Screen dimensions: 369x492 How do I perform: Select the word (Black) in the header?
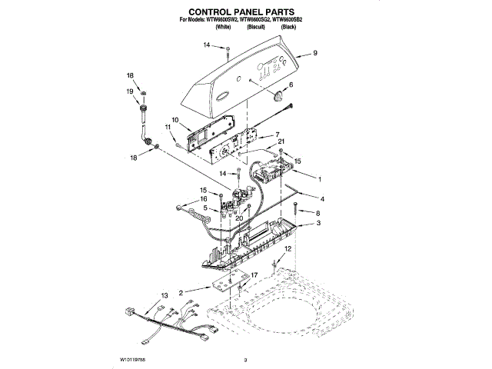coord(289,27)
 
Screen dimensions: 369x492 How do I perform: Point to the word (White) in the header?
coord(224,27)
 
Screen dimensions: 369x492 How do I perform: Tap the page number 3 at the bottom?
coord(245,359)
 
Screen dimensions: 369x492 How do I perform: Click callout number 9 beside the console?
coord(315,54)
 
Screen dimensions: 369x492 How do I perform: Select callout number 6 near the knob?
coord(291,85)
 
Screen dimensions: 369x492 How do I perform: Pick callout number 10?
coord(175,119)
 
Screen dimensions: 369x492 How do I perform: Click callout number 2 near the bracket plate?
coord(181,293)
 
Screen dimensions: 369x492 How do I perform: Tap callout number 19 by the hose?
coord(130,91)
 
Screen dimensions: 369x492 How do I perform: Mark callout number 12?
coord(288,250)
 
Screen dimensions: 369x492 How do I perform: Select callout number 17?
coord(254,274)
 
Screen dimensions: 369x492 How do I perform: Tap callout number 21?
coord(281,141)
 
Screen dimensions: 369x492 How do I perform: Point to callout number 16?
coord(203,199)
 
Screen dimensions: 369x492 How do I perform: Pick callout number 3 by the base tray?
coord(318,223)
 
